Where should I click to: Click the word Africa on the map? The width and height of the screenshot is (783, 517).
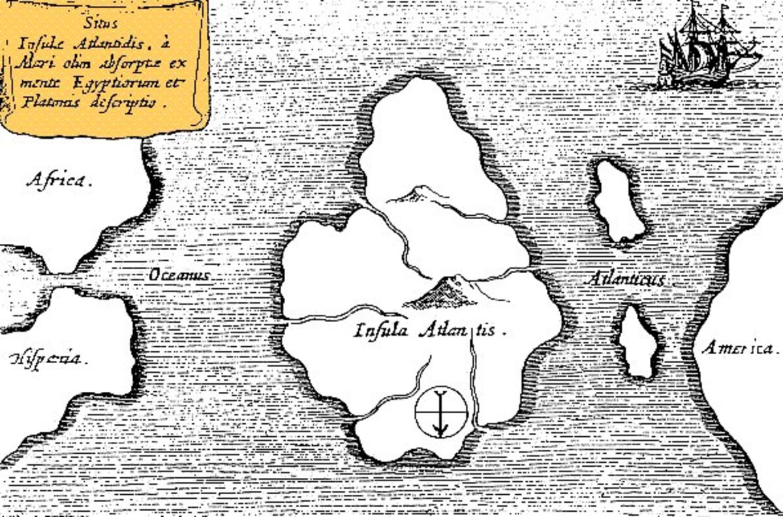point(57,181)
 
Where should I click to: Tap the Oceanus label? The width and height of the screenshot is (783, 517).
point(179,275)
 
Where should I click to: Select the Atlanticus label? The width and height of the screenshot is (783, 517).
point(626,279)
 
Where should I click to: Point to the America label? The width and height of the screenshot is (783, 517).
point(740,348)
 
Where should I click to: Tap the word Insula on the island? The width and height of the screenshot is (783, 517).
point(381,330)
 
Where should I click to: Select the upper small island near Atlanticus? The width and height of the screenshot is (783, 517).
point(618,201)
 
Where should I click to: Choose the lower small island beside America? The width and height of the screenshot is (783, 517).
point(638,343)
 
